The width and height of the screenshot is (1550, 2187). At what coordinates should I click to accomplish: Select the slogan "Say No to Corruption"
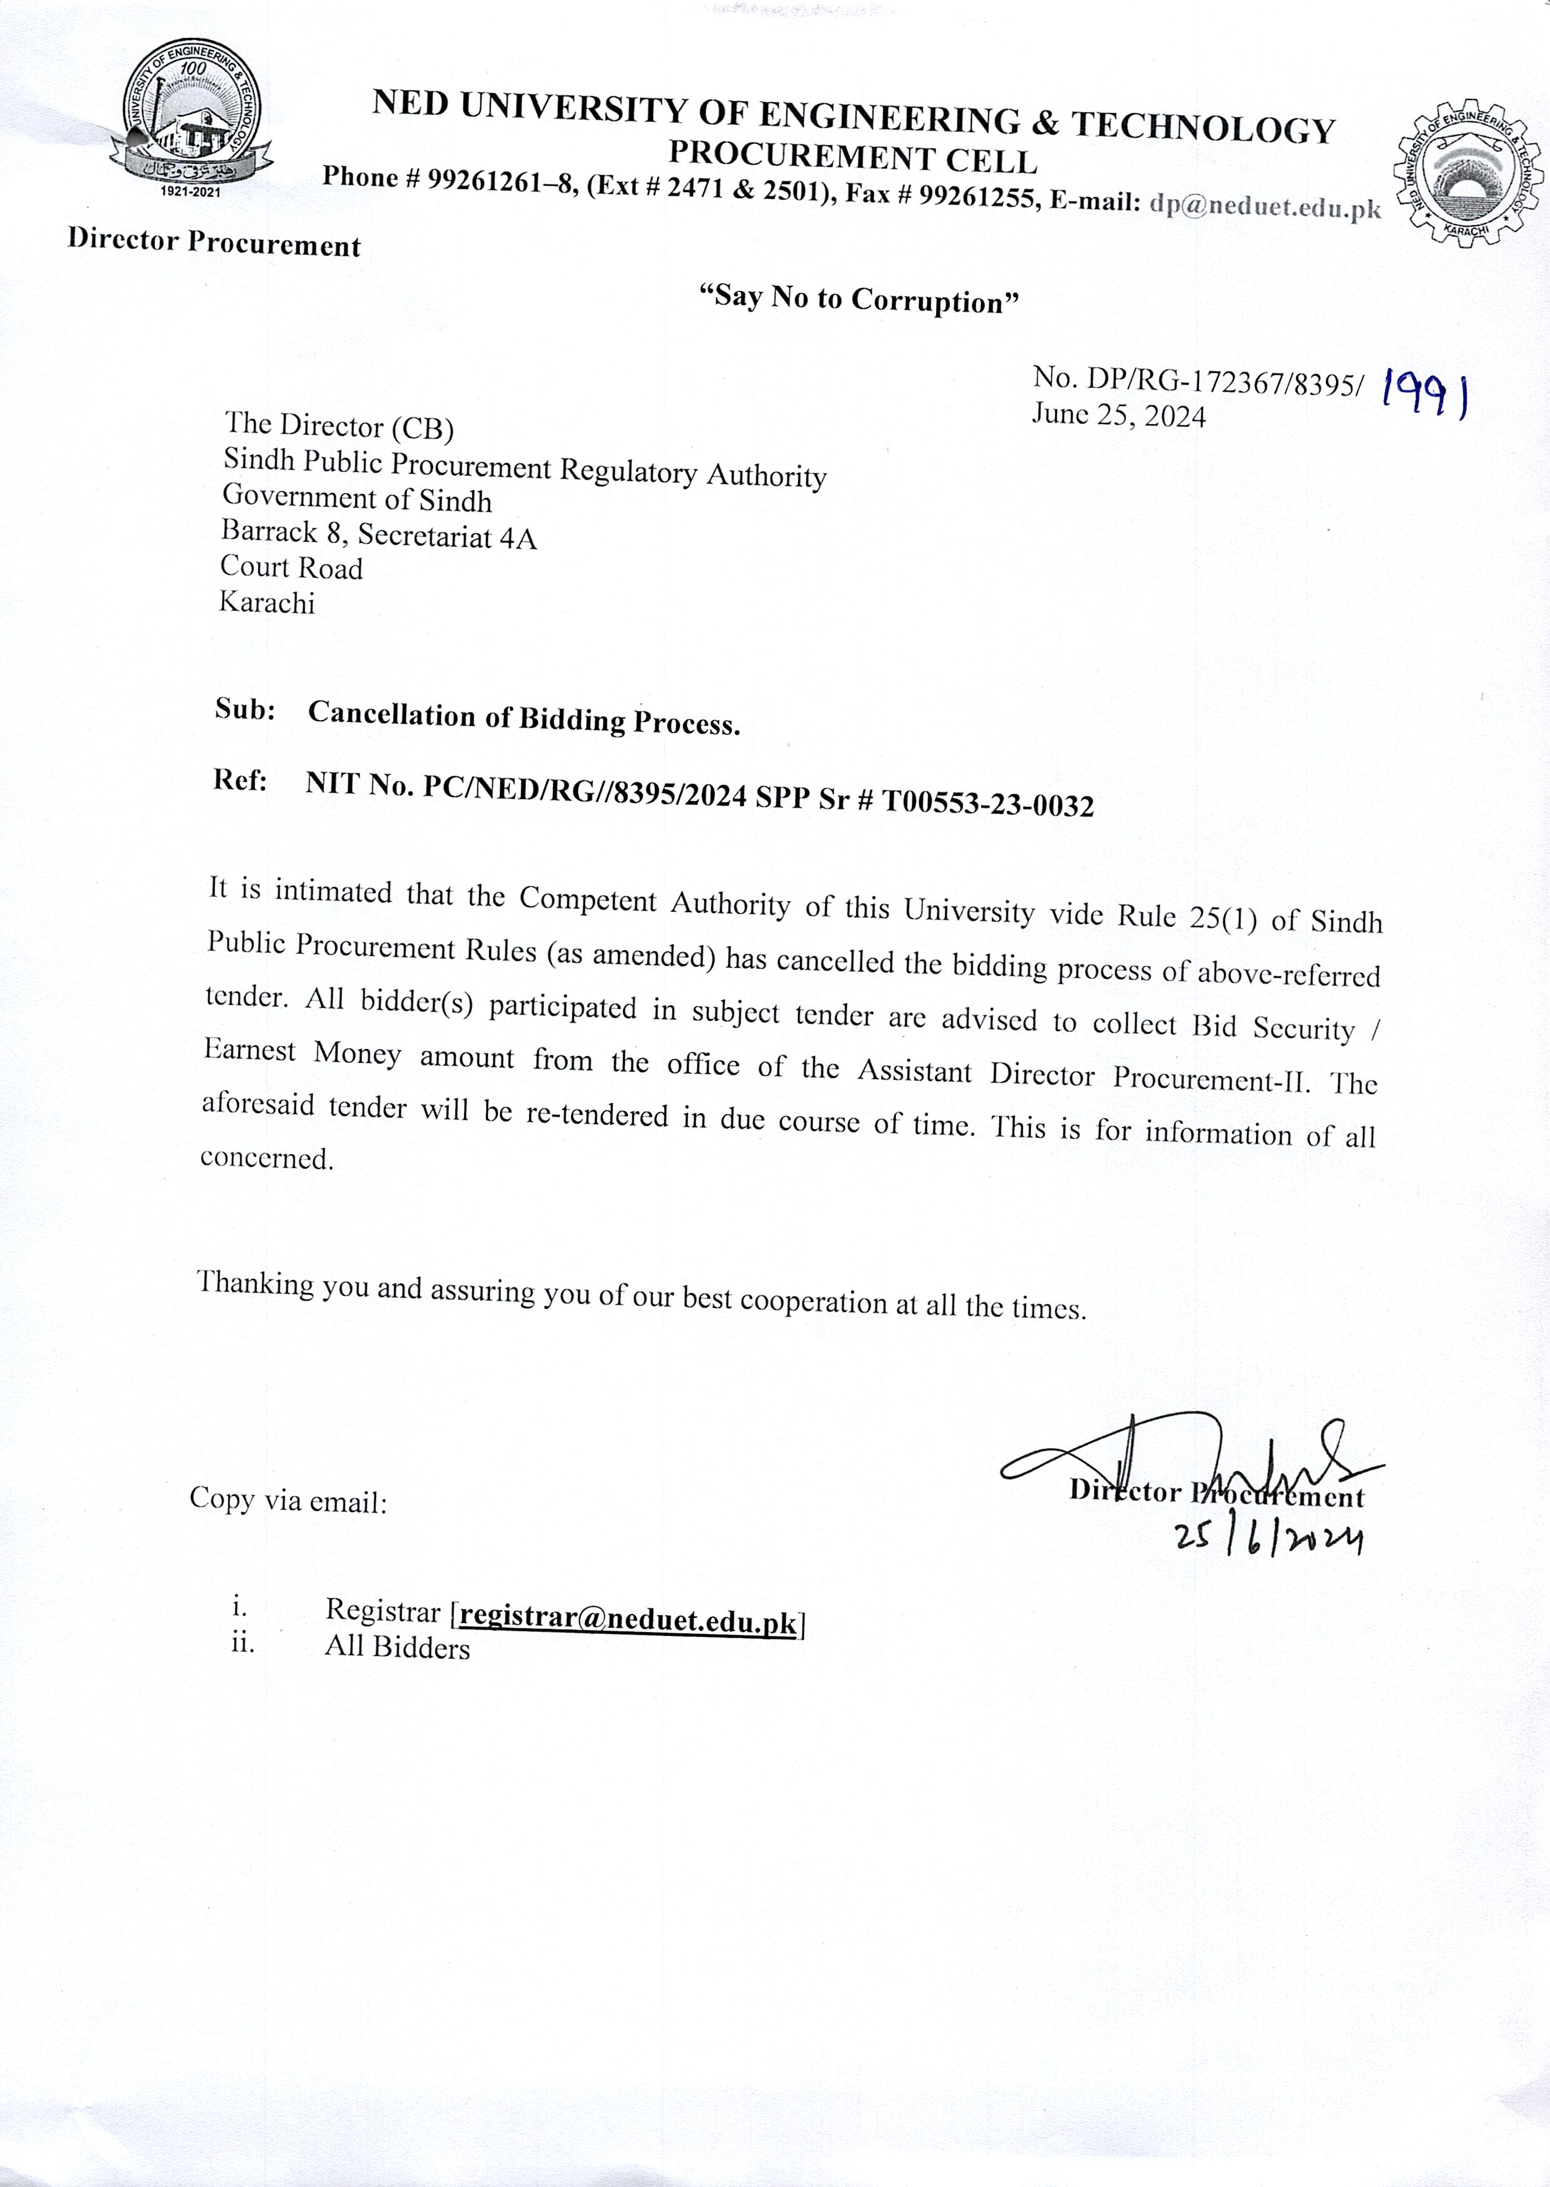point(859,299)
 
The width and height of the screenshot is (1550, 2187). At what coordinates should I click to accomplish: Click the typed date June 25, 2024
point(1118,414)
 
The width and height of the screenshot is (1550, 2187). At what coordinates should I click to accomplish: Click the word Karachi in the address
point(267,602)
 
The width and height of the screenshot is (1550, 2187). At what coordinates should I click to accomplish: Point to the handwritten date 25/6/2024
point(1269,1538)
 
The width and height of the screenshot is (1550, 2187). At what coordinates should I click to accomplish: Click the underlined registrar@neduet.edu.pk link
point(627,1616)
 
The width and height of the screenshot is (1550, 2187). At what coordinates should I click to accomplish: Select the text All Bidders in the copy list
point(397,1648)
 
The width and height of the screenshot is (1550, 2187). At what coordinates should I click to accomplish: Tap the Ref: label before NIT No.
point(241,780)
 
